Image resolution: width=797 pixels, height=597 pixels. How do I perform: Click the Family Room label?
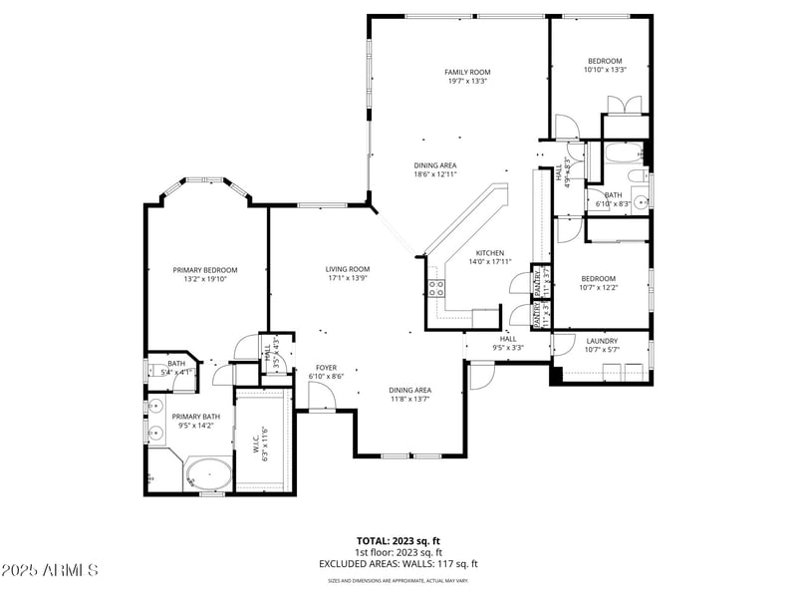click(x=467, y=72)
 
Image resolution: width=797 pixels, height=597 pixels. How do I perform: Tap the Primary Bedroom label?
click(x=205, y=270)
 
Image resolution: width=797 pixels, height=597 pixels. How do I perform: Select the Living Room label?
click(x=348, y=269)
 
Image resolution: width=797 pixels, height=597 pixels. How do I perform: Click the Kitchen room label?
click(x=489, y=253)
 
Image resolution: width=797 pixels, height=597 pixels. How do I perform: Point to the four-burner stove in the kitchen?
click(x=436, y=289)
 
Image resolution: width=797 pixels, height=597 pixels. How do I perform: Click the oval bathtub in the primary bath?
click(x=208, y=474)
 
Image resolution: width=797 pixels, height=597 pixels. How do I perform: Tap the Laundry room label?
click(x=602, y=340)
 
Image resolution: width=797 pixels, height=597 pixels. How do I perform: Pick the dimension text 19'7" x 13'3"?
click(x=467, y=81)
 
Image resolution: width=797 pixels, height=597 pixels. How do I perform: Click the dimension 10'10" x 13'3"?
click(x=605, y=70)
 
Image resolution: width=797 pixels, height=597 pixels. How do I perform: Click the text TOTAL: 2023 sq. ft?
click(x=398, y=541)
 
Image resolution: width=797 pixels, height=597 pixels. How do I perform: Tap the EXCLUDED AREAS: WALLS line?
click(x=398, y=563)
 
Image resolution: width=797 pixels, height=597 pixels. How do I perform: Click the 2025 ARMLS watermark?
click(x=50, y=571)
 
